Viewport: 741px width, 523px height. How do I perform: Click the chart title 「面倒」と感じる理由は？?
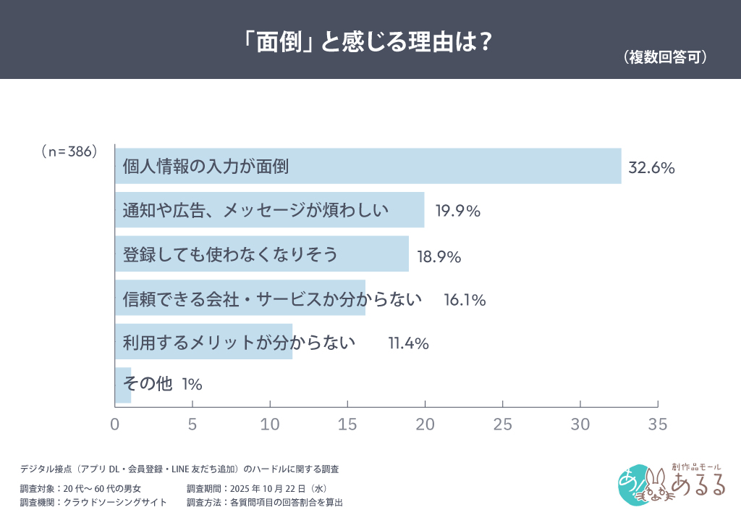[x=369, y=41]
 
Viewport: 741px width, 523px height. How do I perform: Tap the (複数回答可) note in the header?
[x=664, y=58]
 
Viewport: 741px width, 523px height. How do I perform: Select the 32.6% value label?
[x=651, y=168]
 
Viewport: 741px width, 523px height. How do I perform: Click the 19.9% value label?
[x=458, y=212]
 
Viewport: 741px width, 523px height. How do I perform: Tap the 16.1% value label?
[x=465, y=299]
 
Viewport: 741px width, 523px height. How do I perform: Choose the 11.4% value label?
[x=409, y=343]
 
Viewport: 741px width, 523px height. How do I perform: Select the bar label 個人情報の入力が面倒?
[x=206, y=167]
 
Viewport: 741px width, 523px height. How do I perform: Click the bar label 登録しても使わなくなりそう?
[x=230, y=255]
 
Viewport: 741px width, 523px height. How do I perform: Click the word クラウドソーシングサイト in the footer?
[x=116, y=502]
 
